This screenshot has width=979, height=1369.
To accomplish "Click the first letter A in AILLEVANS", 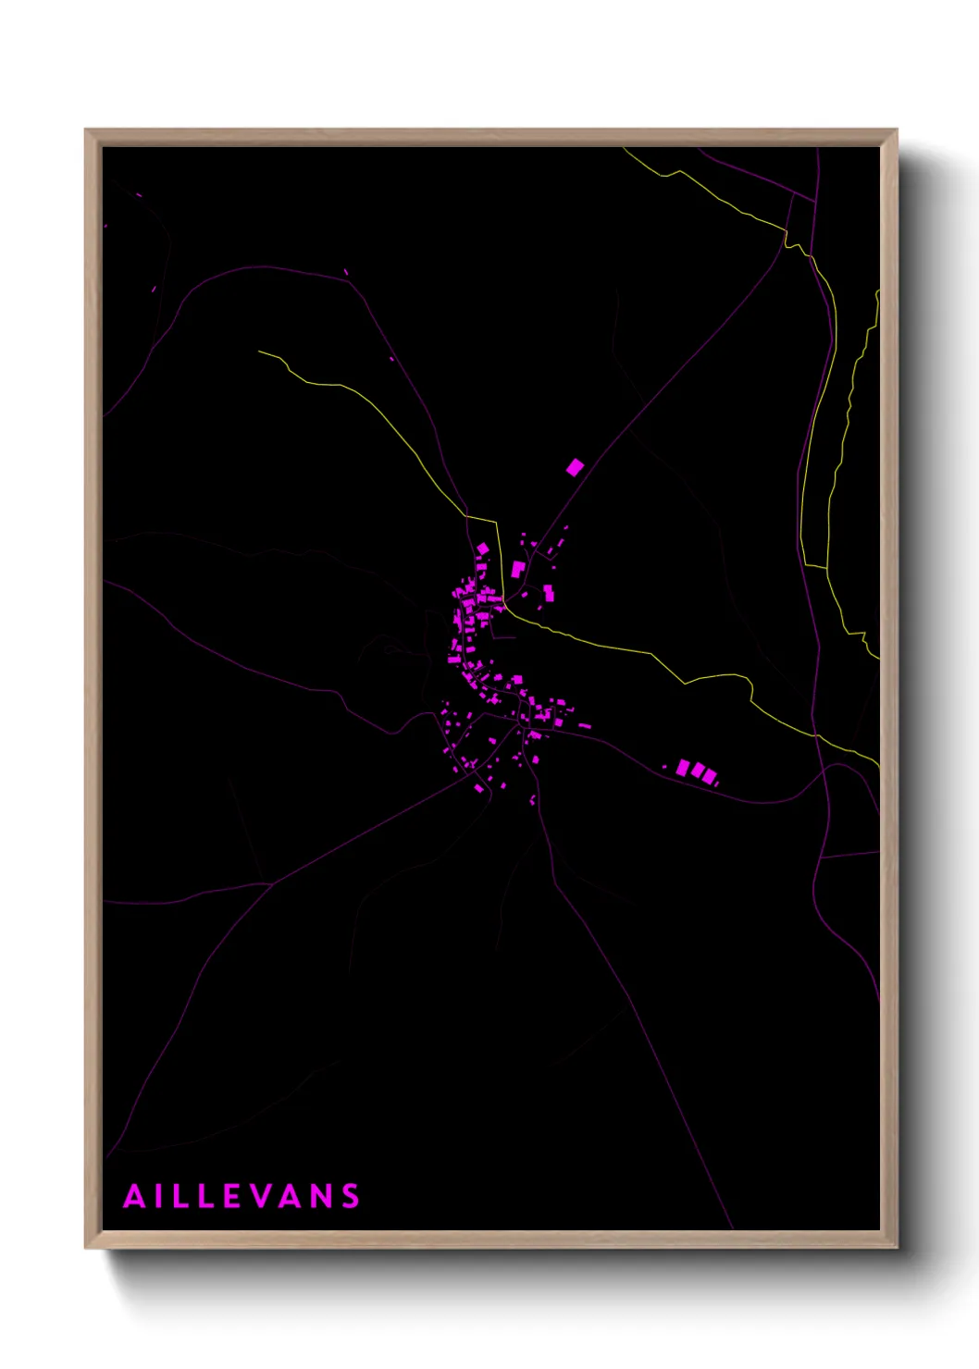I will coord(135,1196).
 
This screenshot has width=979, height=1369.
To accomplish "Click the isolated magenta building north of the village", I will coord(575,467).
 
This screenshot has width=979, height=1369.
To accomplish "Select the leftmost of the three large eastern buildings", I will coord(683,768).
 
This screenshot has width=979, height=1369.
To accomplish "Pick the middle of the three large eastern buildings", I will coord(697,771).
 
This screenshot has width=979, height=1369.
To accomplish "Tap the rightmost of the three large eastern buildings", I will coord(709,776).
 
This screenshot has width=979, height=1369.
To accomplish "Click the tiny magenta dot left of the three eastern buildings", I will coord(664,767).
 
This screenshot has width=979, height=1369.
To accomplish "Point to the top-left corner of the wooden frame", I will coord(86,130).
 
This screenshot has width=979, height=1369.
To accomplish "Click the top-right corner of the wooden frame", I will coord(896,130).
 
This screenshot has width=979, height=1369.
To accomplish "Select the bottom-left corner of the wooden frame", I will coord(86,1247).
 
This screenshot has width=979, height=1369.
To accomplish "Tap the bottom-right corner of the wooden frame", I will coord(896,1247).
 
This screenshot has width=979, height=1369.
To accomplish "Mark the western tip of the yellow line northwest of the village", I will coord(259,351).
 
